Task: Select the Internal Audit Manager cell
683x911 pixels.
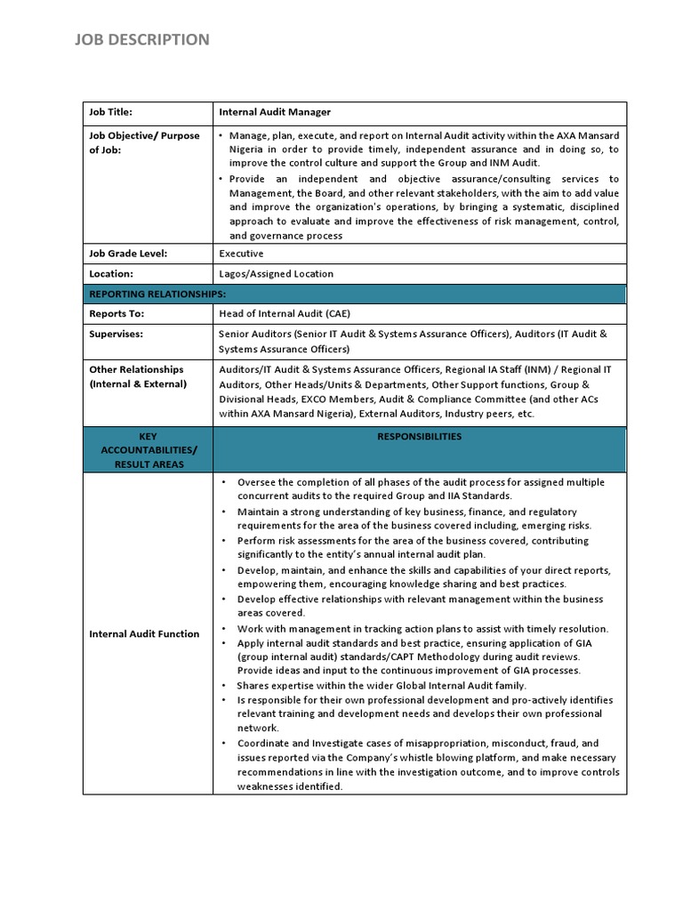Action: (x=275, y=112)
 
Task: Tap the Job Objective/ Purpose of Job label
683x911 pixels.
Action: (x=143, y=143)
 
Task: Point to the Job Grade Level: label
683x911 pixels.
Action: (x=128, y=254)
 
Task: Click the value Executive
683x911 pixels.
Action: (x=241, y=254)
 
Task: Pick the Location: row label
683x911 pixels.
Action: (x=111, y=274)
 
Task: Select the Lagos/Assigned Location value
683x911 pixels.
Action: (x=277, y=274)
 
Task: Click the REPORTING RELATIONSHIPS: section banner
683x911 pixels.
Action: (x=157, y=294)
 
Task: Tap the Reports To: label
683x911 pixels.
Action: (x=117, y=314)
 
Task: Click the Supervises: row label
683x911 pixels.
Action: (x=117, y=335)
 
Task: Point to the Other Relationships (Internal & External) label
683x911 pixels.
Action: (x=138, y=376)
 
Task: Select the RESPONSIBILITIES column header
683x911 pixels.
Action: (x=419, y=437)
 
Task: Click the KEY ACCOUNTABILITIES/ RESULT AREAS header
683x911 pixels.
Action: (x=149, y=450)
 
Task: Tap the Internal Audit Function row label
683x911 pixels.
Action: (x=144, y=633)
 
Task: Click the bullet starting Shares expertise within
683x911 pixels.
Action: (x=381, y=685)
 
